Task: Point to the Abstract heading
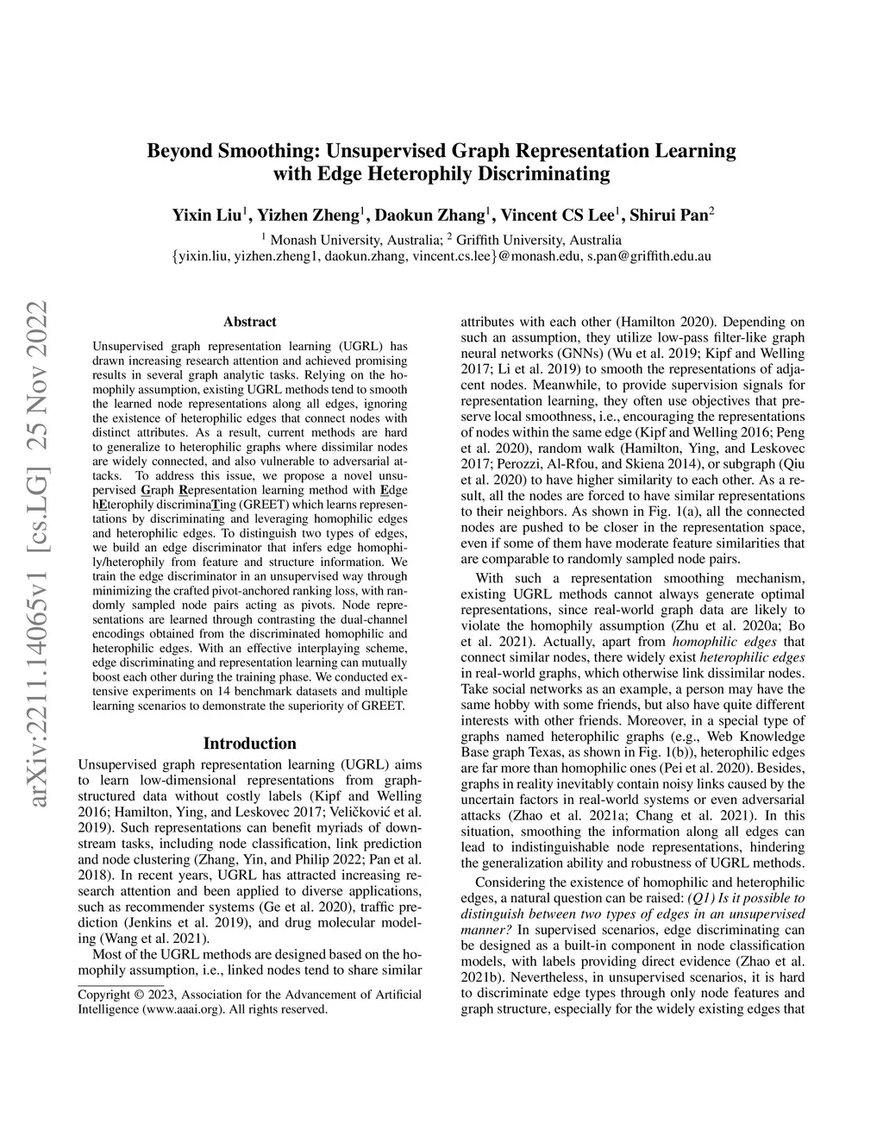[249, 322]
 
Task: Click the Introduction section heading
[249, 743]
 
